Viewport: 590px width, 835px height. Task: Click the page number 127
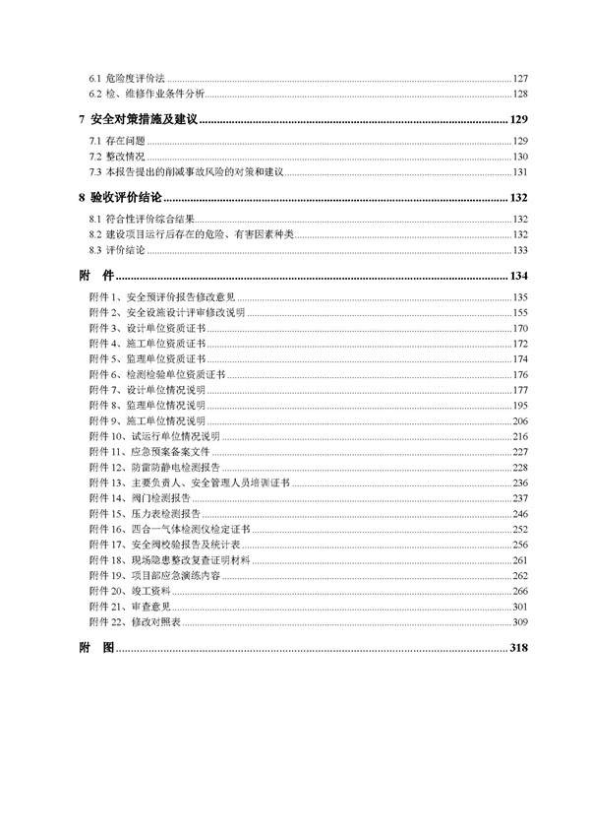pyautogui.click(x=520, y=78)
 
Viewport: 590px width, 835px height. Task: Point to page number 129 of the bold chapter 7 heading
pyautogui.click(x=519, y=120)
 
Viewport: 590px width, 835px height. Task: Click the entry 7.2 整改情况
pyautogui.click(x=116, y=157)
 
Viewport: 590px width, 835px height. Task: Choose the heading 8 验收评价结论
pyautogui.click(x=125, y=198)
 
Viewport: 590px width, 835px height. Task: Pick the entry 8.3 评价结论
pyautogui.click(x=116, y=250)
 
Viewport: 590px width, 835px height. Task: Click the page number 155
pyautogui.click(x=520, y=312)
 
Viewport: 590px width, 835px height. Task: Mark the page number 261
pyautogui.click(x=520, y=559)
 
